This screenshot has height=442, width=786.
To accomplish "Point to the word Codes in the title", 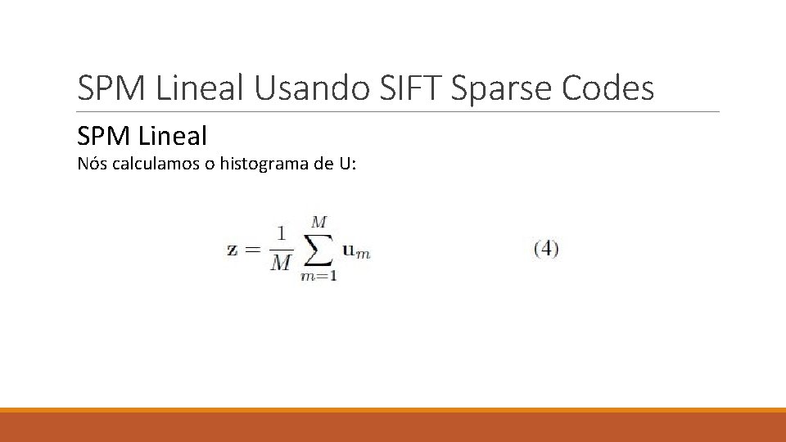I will click(x=608, y=88).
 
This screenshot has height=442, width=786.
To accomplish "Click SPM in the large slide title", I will click(x=110, y=88).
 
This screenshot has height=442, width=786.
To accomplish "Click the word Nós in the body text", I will click(x=92, y=164).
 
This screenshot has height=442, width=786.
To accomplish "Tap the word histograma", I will click(x=263, y=164).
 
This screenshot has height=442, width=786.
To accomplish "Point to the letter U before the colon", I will click(x=343, y=164).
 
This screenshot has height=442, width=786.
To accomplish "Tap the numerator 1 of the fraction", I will click(x=281, y=235).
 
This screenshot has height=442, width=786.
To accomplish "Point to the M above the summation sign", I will click(x=319, y=223).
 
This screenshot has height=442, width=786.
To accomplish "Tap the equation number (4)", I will click(x=545, y=249).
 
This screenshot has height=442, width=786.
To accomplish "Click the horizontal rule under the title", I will click(x=398, y=112).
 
